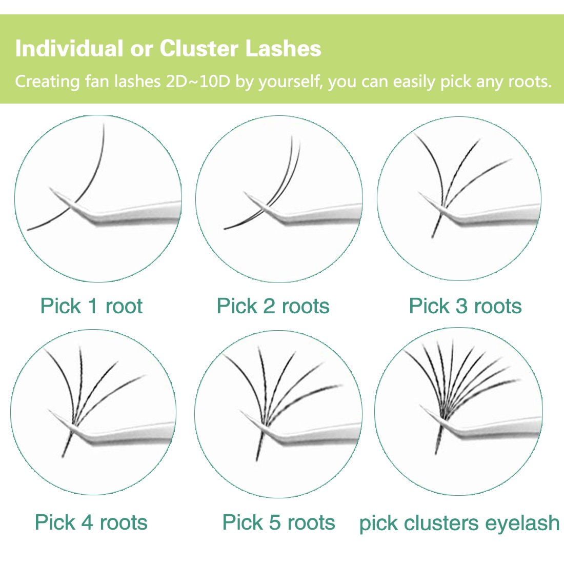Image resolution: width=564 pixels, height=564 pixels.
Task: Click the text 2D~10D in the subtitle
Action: [198, 82]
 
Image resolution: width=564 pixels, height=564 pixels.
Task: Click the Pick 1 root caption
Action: [91, 306]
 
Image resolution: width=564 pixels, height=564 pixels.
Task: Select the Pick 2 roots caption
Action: [273, 306]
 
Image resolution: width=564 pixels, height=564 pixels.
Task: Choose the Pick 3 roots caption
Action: [465, 306]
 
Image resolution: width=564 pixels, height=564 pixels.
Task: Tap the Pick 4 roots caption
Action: [91, 522]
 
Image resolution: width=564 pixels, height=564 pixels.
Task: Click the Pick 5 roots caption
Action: [278, 522]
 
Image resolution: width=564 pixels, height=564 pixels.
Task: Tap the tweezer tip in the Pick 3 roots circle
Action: [421, 194]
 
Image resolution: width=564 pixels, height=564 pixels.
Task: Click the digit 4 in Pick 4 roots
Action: [87, 522]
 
